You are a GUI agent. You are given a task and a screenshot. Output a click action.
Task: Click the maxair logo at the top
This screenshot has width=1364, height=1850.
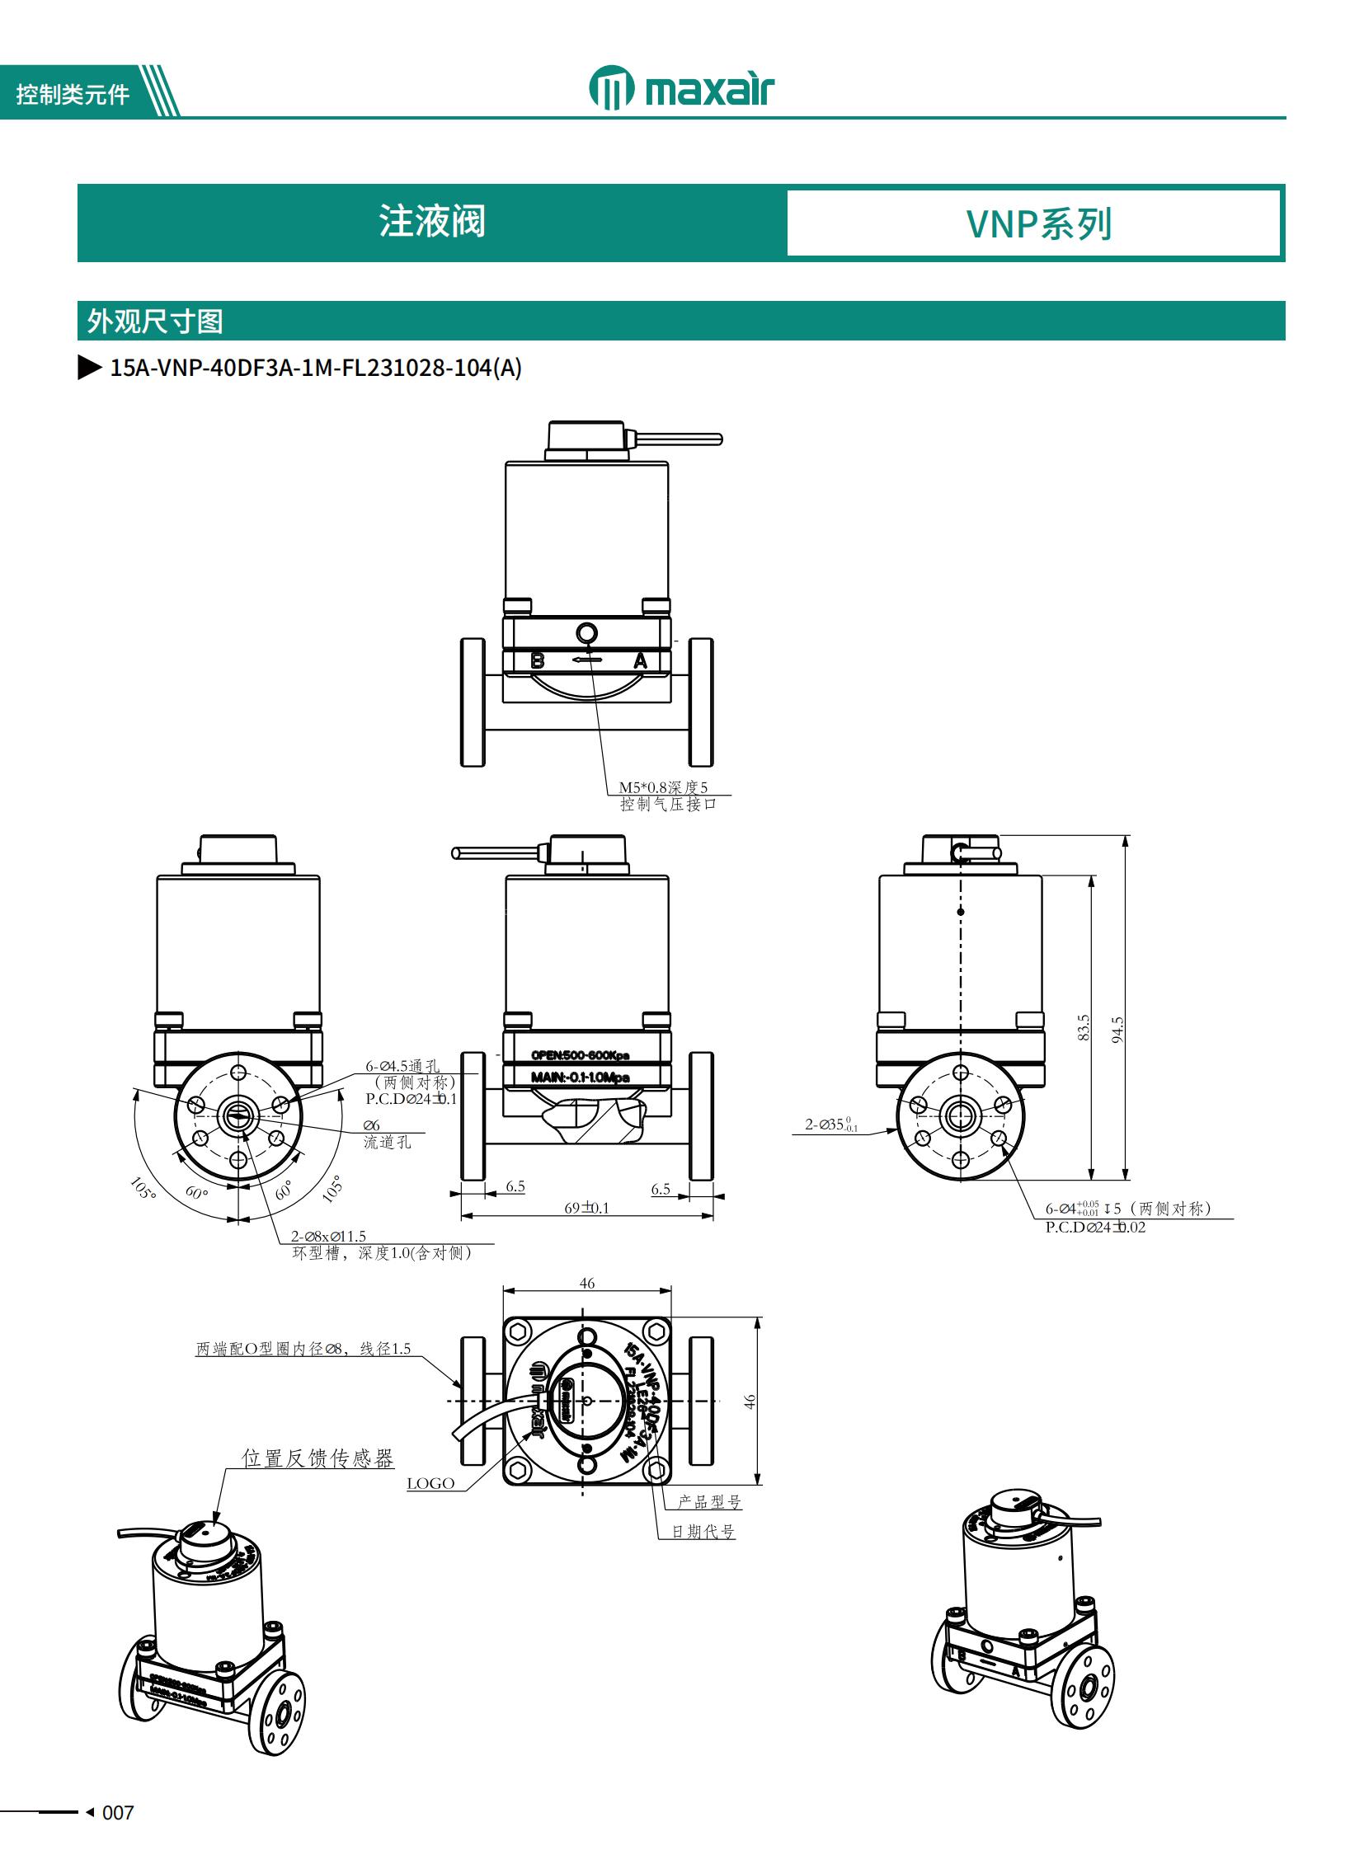pos(681,88)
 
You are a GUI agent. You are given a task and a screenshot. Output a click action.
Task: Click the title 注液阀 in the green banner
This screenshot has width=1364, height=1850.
pos(432,222)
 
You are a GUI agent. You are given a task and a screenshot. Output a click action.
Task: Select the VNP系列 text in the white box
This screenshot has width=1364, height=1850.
pos(1039,223)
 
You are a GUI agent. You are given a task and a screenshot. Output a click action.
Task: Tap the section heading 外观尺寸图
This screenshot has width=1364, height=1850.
pos(155,322)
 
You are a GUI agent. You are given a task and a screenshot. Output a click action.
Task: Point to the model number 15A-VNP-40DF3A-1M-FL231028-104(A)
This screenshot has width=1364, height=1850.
pos(315,369)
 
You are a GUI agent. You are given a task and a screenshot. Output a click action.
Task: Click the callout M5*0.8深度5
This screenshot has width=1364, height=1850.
pos(663,786)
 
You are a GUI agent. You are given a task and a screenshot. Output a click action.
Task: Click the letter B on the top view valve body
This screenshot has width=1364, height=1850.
pos(538,660)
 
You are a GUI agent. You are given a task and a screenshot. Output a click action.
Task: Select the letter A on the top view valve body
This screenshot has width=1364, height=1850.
pos(640,660)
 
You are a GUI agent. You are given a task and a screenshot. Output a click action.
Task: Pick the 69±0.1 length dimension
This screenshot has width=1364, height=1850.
pos(586,1208)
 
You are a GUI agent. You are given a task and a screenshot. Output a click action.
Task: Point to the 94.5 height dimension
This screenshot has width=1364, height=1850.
pos(1117,1029)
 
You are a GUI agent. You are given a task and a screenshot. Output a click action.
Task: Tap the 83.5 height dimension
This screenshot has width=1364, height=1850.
pos(1084,1027)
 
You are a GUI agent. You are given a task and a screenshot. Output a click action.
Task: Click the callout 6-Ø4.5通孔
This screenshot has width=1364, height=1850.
pos(403,1066)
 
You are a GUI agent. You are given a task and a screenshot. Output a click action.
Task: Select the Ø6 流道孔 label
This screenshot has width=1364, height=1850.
pos(387,1134)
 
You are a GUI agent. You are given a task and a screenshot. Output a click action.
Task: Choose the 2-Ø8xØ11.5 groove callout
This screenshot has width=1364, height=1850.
pos(328,1236)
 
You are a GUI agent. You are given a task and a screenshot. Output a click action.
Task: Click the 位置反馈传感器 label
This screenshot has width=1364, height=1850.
pos(317,1458)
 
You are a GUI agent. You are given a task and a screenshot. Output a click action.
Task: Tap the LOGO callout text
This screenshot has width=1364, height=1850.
pos(430,1483)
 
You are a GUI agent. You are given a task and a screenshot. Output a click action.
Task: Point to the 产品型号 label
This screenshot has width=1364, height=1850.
pos(709,1501)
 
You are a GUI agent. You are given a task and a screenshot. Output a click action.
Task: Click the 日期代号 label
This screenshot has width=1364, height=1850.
pos(703,1531)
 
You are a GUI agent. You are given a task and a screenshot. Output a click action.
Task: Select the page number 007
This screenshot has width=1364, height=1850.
pos(117,1812)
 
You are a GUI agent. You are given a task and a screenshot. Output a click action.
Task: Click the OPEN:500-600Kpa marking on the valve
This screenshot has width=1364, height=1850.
pos(580,1055)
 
